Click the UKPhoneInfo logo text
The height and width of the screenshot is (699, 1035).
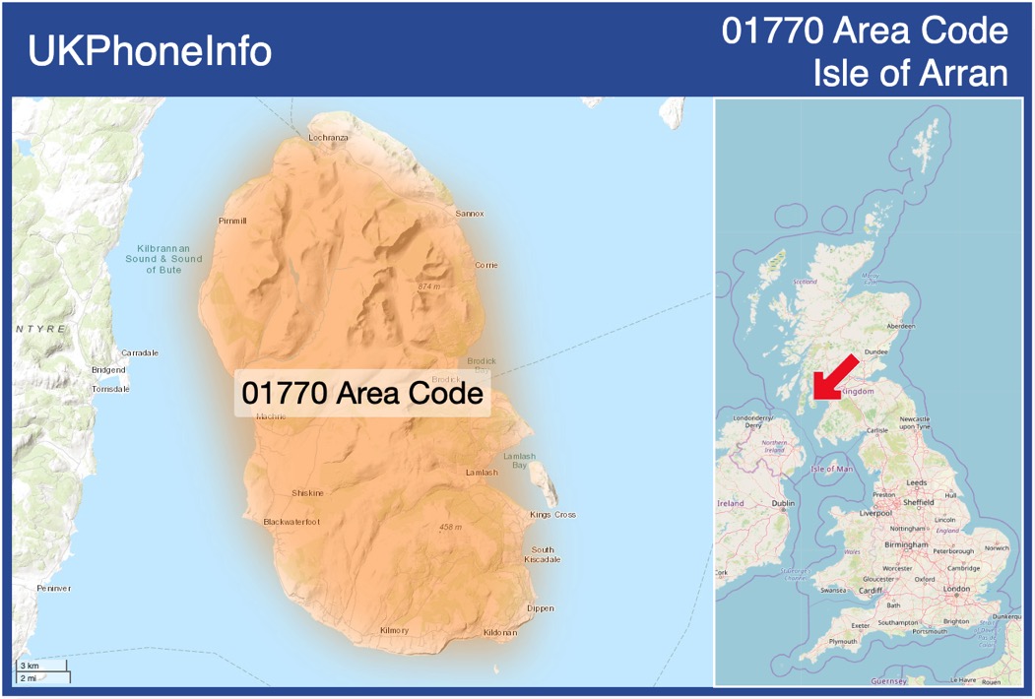tap(150, 51)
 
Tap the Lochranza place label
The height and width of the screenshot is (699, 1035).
tap(328, 138)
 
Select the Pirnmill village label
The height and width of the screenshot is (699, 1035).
tap(233, 221)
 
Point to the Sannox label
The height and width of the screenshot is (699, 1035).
tap(470, 214)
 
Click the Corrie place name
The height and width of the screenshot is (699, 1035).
tap(486, 265)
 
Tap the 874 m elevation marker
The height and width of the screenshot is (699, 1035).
tap(429, 286)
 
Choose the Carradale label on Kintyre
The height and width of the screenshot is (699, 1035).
tap(140, 352)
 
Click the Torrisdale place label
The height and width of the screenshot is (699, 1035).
tap(110, 389)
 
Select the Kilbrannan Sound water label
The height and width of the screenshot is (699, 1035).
tap(163, 259)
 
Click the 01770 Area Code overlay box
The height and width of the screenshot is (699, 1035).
tap(362, 394)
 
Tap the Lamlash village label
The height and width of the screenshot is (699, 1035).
tap(482, 473)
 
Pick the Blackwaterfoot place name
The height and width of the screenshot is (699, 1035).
tap(291, 522)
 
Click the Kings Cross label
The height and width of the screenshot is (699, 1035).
tap(552, 515)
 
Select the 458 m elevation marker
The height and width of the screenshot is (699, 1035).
tap(450, 528)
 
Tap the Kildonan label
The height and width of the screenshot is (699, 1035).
tap(500, 632)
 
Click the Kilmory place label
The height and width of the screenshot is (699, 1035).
tap(394, 630)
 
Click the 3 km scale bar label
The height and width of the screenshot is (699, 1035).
tap(30, 667)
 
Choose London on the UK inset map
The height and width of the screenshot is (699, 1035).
tap(957, 589)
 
